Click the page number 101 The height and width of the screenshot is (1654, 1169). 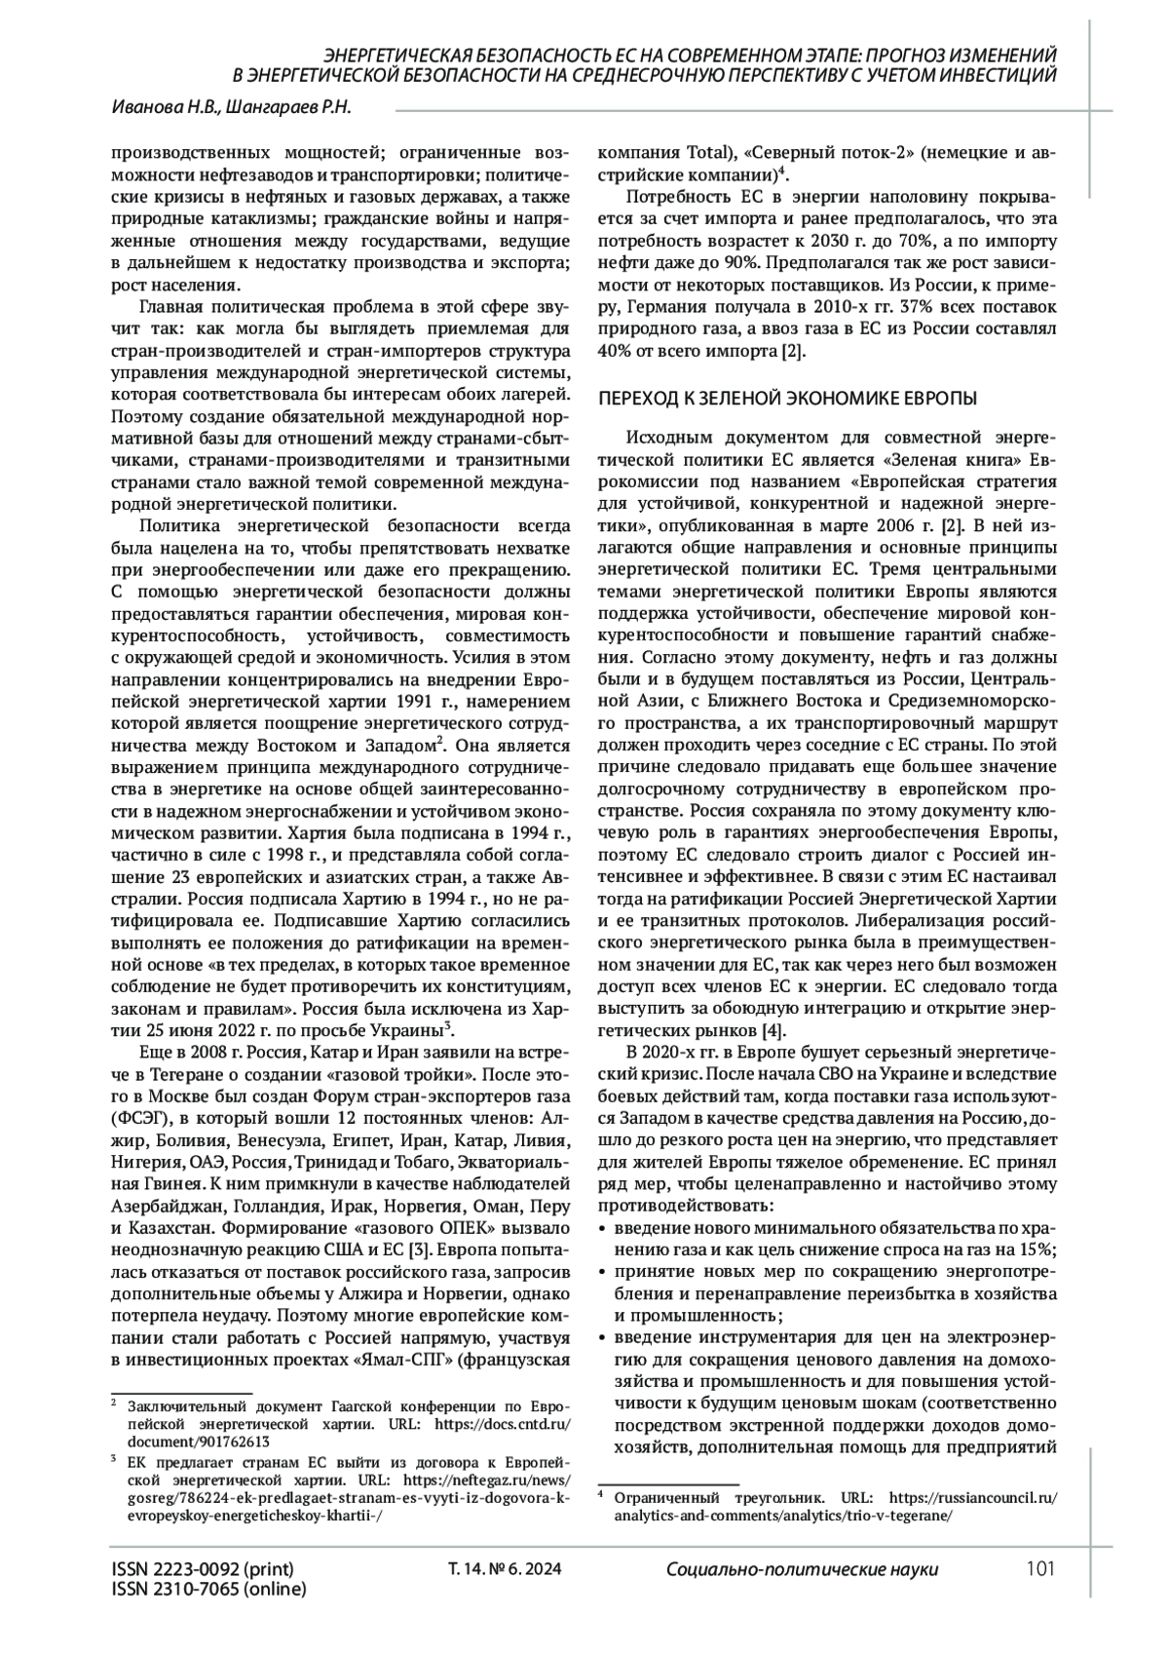pos(1040,1569)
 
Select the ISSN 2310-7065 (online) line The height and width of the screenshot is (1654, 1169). pos(208,1590)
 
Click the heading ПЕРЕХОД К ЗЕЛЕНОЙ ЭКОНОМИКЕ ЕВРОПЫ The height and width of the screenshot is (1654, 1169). pos(787,400)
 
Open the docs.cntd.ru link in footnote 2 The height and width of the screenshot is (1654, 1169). pos(497,1424)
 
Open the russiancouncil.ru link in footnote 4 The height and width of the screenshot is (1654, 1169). pos(973,1497)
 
